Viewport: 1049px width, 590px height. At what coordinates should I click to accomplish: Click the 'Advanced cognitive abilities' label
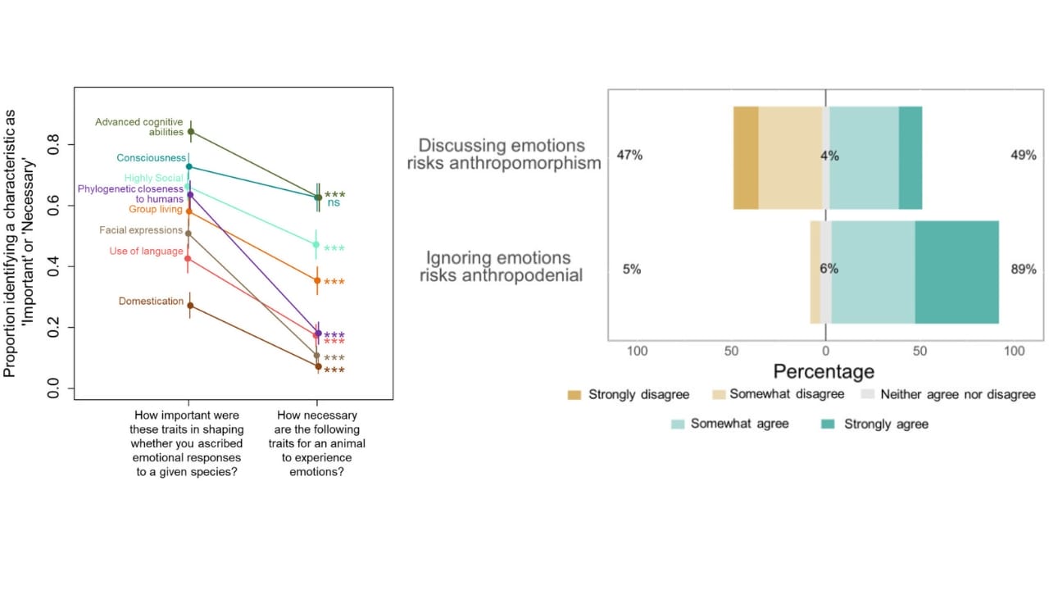[x=139, y=127]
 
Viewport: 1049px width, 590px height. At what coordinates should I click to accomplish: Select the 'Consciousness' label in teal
[x=151, y=157]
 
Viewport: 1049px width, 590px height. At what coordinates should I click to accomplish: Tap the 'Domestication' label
[x=151, y=301]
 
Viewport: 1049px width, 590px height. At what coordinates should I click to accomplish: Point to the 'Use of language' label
[x=146, y=251]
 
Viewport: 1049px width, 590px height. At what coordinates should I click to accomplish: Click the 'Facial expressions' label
[x=141, y=230]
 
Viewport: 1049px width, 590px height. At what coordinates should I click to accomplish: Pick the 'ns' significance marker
[x=334, y=202]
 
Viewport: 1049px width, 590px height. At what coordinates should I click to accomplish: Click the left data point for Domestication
[x=190, y=306]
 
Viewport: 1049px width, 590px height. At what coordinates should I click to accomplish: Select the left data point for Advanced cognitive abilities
[x=191, y=131]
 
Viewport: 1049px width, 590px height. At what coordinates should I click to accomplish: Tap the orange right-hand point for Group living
[x=317, y=280]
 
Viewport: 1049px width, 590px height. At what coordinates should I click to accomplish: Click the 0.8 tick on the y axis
[x=54, y=145]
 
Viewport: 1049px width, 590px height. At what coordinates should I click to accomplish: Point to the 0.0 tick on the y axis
[x=54, y=388]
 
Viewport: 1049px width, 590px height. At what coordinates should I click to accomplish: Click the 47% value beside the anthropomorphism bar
[x=629, y=155]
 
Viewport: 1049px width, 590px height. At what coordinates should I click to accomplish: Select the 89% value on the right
[x=1023, y=269]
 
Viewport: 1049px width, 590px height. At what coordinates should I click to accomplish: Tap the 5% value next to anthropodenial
[x=631, y=269]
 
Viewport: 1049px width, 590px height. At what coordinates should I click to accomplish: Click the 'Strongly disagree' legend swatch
[x=574, y=395]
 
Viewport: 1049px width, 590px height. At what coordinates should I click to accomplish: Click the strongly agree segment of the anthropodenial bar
[x=956, y=272]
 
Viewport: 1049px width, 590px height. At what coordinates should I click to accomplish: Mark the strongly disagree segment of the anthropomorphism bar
[x=746, y=157]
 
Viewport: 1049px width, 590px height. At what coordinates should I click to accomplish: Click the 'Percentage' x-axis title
[x=824, y=371]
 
